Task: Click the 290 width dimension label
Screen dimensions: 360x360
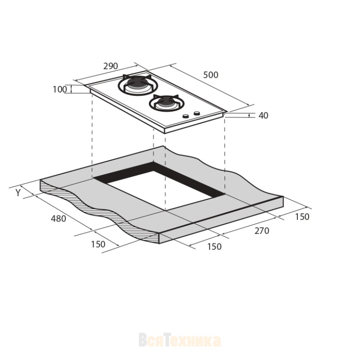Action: [110, 66]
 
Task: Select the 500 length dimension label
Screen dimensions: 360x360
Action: [211, 75]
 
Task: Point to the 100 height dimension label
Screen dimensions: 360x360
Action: [60, 89]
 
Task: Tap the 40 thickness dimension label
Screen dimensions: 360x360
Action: [263, 116]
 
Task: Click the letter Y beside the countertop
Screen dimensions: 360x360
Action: [18, 193]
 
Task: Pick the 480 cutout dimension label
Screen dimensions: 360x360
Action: [58, 219]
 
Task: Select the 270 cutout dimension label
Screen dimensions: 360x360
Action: [262, 231]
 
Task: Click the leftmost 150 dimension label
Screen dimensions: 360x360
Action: [98, 244]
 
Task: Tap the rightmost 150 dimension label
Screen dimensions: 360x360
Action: [302, 217]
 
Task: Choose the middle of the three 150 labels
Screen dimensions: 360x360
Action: [215, 247]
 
